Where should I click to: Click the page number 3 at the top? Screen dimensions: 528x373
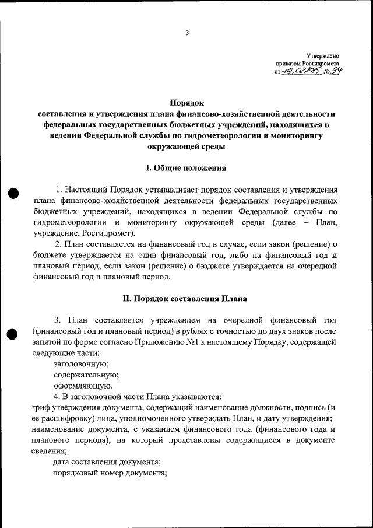[x=187, y=33]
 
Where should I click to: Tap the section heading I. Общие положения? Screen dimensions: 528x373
[x=186, y=168]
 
